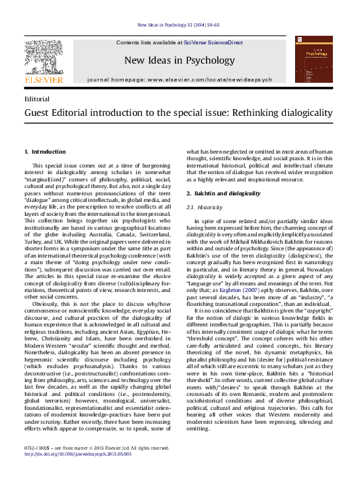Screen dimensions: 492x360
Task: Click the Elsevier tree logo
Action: click(x=44, y=57)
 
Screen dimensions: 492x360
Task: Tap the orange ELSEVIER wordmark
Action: click(x=44, y=80)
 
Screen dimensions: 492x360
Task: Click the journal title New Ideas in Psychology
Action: click(x=179, y=61)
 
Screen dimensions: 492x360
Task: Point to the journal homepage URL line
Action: click(x=179, y=79)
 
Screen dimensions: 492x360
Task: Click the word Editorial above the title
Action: click(x=36, y=98)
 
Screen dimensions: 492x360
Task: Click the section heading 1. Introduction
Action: click(x=45, y=152)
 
